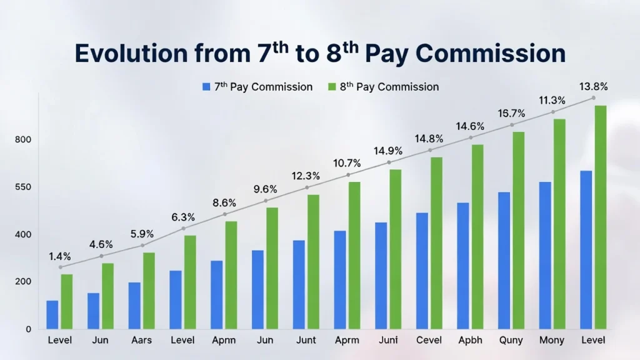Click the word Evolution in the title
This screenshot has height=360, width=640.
129,54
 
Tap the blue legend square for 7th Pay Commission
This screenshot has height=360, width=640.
206,87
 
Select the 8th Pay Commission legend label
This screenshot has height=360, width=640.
389,87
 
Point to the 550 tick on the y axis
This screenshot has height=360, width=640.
24,187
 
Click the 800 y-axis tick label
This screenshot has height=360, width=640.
24,140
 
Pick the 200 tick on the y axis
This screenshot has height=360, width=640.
24,282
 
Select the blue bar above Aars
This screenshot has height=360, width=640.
134,306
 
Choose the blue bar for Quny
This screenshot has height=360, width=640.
504,260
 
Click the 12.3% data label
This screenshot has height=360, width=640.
306,176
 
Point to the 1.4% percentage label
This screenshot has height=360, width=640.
60,256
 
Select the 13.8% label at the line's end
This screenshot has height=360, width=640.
594,86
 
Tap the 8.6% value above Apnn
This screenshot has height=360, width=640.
224,203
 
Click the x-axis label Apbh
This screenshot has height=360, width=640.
470,341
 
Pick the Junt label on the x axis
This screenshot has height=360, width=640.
306,341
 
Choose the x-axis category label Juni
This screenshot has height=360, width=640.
388,341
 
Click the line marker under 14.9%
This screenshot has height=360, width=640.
389,162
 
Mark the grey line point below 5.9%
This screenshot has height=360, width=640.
142,246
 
